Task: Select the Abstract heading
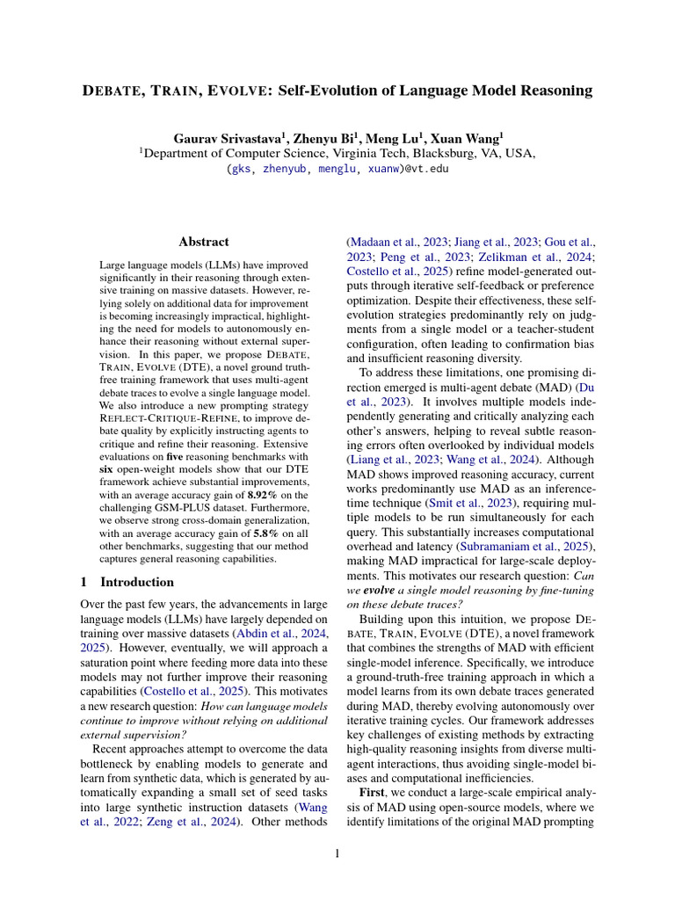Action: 204,242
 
